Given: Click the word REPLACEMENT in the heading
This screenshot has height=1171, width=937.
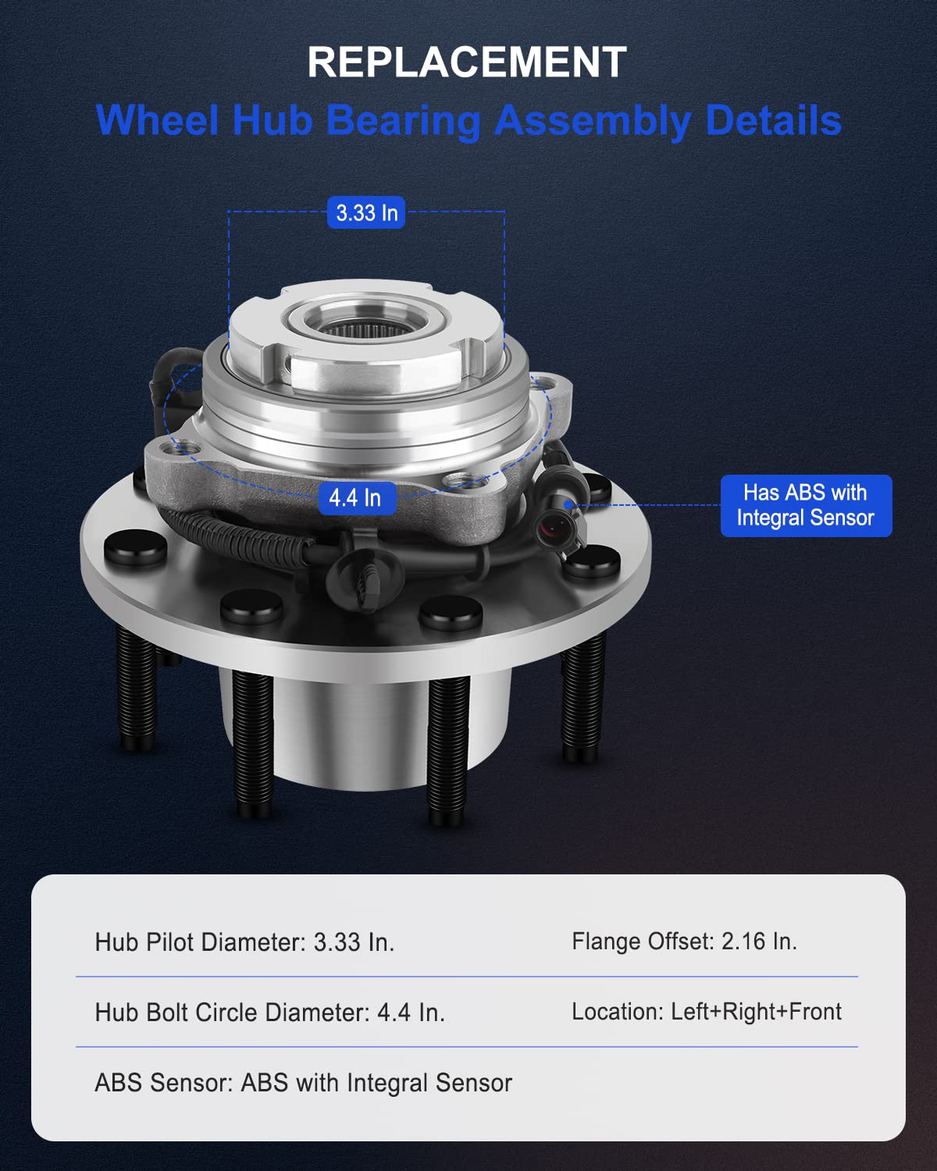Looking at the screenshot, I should point(467,62).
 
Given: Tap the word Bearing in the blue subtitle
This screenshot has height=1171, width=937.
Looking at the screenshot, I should point(403,121).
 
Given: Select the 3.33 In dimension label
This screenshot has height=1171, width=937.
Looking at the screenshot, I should point(366,212).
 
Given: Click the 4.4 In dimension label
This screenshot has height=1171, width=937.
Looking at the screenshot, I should point(355,497).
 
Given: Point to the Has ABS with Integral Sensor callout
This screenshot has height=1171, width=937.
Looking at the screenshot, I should point(805,505).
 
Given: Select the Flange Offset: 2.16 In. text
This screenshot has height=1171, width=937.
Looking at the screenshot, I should point(684,941).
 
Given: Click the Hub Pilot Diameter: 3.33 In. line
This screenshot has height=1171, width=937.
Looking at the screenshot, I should point(244,942).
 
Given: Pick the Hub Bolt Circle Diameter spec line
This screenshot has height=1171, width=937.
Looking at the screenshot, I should point(269,1013).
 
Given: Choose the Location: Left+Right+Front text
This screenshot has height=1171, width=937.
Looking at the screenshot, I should point(706,1012).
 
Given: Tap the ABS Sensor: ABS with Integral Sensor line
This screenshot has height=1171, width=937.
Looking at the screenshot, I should point(303,1083).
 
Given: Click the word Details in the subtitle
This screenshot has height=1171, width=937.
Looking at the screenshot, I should point(773,121).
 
